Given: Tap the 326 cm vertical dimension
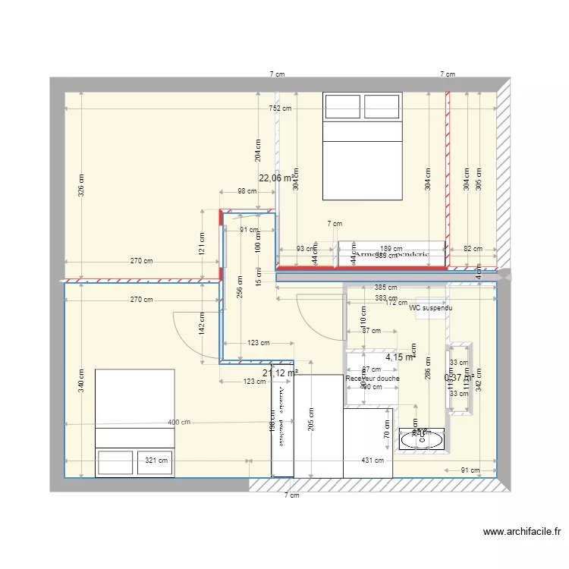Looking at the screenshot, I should coord(81,184).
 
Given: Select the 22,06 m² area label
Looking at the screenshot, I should coord(276,178).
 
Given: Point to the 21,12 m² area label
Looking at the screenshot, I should coord(280,373).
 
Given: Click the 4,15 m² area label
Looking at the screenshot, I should coord(399,356).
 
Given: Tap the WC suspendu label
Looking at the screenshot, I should coord(430,309).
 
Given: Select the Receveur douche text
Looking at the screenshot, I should coord(372,379).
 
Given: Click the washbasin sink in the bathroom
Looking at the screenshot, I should coord(419,437).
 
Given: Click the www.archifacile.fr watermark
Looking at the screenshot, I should coord(520,532).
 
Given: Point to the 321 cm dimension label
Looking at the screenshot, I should coord(156,460).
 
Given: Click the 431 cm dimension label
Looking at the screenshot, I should coord(373,461).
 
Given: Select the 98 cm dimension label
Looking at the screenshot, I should coord(247,191).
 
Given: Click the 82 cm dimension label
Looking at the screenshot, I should coord(472,249).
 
